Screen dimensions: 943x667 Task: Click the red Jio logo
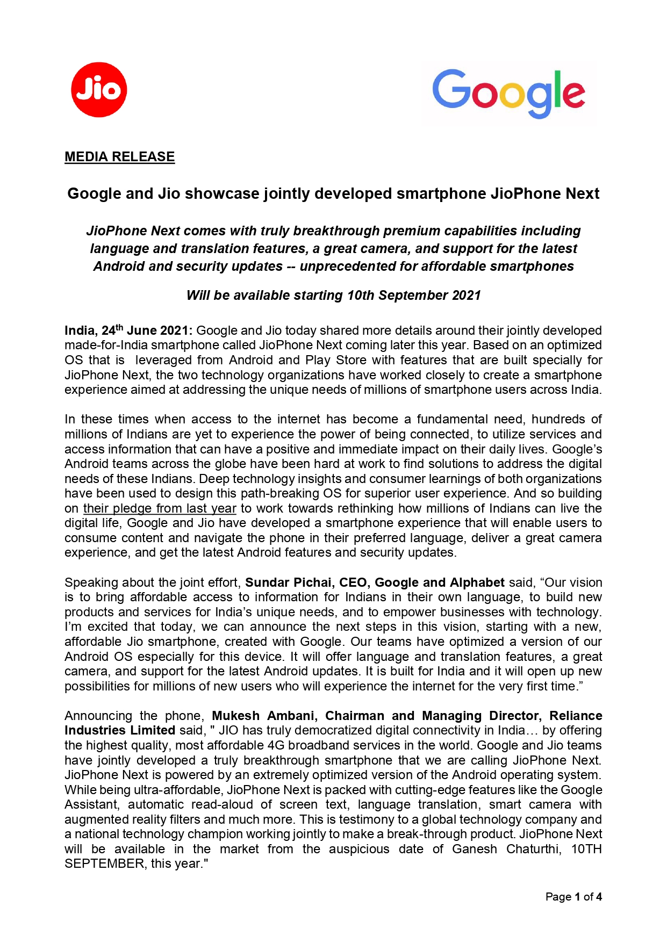(99, 90)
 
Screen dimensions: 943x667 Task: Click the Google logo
(508, 93)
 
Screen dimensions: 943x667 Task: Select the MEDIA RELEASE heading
(119, 157)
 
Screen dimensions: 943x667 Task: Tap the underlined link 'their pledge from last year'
(160, 508)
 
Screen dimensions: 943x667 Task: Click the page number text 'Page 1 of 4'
(573, 897)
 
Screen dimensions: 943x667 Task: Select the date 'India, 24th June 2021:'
(128, 330)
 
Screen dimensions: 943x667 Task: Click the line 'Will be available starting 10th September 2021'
(333, 296)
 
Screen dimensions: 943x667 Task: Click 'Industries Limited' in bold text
(119, 730)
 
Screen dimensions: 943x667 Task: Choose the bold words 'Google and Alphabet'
(439, 582)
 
